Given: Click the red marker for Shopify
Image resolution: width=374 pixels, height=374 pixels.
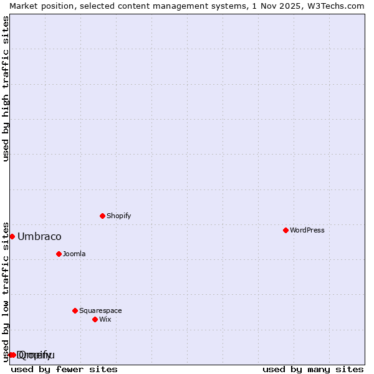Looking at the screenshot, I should click(103, 216).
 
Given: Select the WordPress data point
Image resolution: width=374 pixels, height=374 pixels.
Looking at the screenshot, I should click(285, 230).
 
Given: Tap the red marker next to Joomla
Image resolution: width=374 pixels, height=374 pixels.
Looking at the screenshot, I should click(59, 254).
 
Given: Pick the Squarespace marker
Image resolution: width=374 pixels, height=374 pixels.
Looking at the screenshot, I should click(75, 310).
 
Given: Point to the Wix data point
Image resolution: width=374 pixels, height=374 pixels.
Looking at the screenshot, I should click(95, 319).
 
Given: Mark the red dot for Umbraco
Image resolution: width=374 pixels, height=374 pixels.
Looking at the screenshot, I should click(12, 236).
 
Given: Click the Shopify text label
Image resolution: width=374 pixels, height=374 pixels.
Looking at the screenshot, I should click(118, 216).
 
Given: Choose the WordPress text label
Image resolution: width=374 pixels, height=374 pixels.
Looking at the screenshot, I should click(307, 230).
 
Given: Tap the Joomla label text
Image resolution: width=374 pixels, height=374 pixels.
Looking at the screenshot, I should click(74, 254).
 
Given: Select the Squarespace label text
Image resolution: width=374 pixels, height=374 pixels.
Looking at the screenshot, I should click(100, 310).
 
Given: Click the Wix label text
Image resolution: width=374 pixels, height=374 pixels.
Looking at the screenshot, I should click(105, 319).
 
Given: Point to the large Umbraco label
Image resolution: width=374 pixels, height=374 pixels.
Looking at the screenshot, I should click(39, 236).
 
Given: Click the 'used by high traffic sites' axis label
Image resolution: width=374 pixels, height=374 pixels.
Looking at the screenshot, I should click(6, 89).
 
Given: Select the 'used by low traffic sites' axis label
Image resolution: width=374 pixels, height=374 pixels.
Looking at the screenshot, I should click(6, 291).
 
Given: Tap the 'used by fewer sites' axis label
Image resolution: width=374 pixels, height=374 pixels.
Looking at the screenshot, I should click(64, 369).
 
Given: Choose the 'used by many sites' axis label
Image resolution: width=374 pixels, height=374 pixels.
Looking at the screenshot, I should click(313, 369).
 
